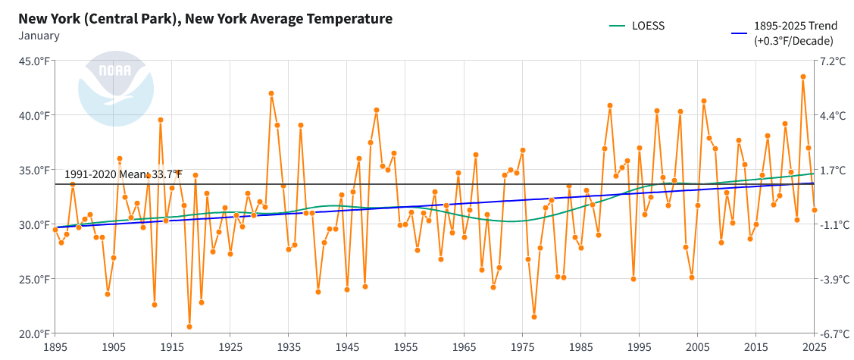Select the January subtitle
[39, 35]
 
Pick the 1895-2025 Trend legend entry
[795, 33]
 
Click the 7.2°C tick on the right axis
[833, 61]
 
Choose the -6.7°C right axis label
[833, 333]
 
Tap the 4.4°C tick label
[833, 116]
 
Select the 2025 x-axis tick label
[814, 346]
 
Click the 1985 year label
[580, 346]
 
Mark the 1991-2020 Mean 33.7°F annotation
[124, 174]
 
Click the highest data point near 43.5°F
[803, 77]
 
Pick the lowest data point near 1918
[189, 327]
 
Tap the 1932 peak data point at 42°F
[271, 93]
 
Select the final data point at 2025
[815, 210]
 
